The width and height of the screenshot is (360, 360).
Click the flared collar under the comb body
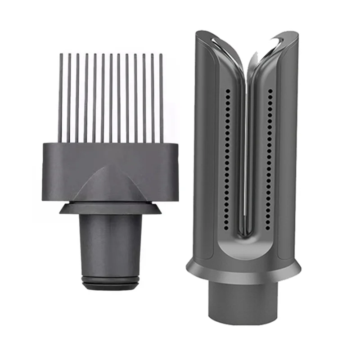[110, 208]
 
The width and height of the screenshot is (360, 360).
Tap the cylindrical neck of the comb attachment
[110, 243]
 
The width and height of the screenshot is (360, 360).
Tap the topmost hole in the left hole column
[228, 90]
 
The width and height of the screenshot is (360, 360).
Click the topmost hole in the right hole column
[269, 90]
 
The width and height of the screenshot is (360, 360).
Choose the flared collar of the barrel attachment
[243, 272]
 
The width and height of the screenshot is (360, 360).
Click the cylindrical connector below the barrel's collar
[243, 306]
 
